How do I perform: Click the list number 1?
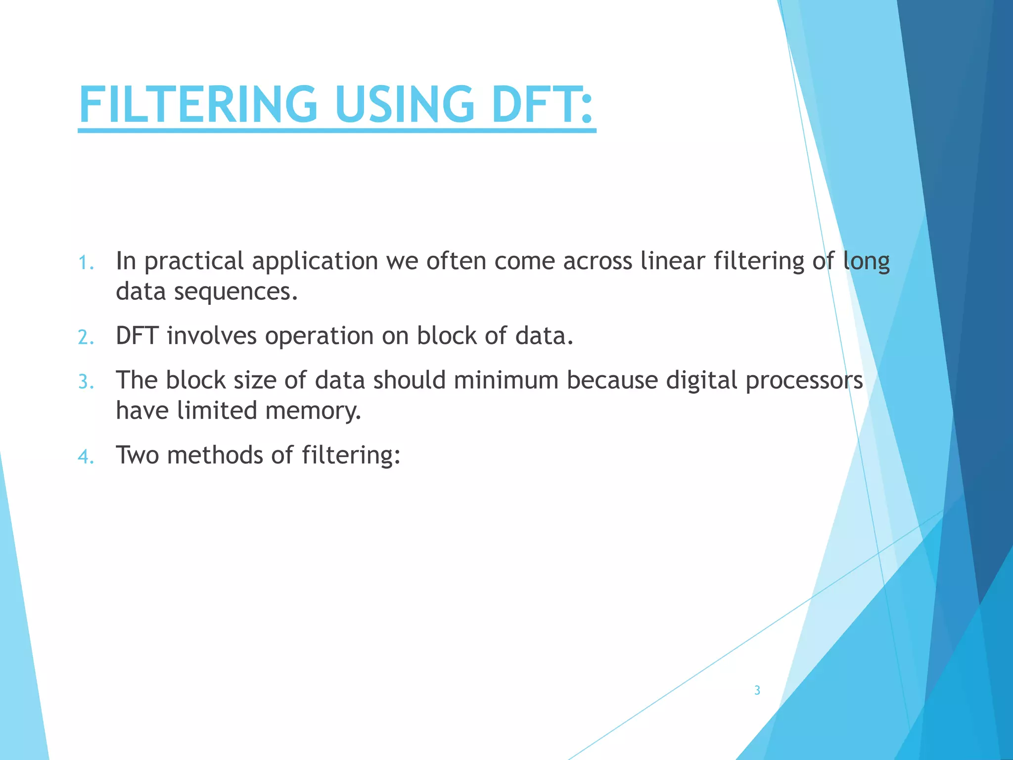pyautogui.click(x=86, y=263)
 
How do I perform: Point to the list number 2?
pyautogui.click(x=86, y=337)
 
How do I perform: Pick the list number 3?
pyautogui.click(x=86, y=382)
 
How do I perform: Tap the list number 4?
pyautogui.click(x=86, y=456)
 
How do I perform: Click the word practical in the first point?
pyautogui.click(x=194, y=262)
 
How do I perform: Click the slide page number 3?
pyautogui.click(x=757, y=690)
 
